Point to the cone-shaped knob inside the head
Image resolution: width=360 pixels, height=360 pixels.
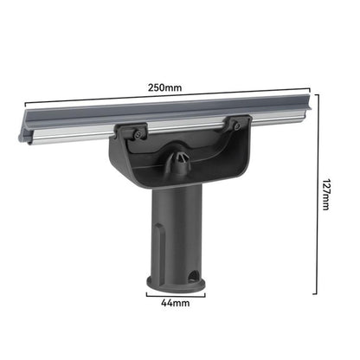tap(179, 160)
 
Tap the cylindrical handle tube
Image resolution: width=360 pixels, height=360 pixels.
tap(177, 234)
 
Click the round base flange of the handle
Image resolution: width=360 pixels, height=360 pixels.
tap(176, 283)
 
